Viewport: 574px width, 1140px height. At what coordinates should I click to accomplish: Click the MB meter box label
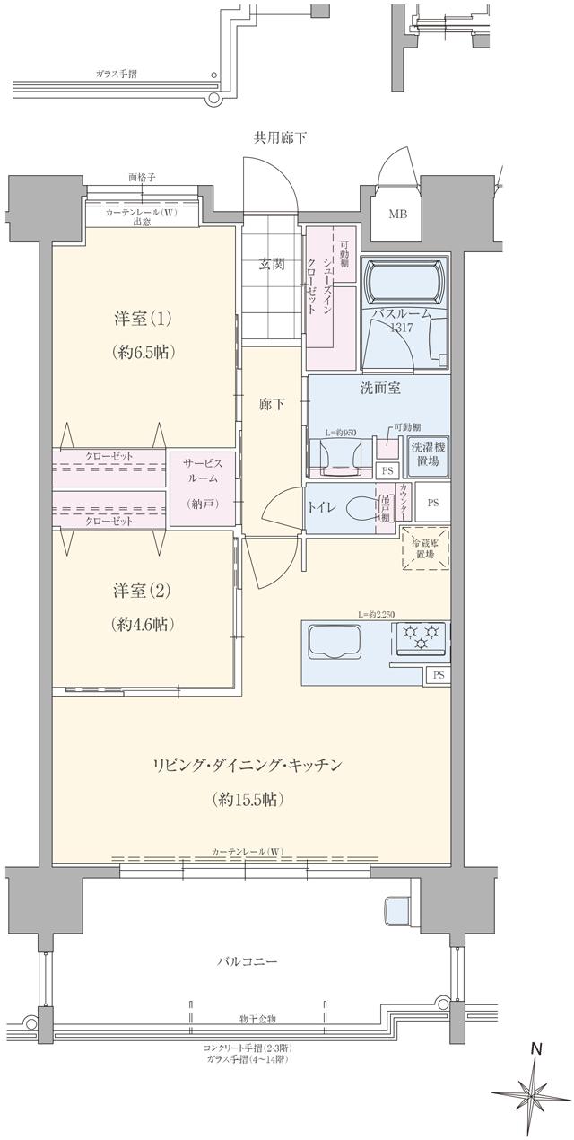(x=396, y=215)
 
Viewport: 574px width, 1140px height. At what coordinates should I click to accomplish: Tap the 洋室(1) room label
(x=143, y=319)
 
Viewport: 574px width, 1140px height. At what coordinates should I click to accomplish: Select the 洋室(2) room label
(x=143, y=592)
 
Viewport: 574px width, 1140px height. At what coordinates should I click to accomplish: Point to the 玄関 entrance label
(x=273, y=264)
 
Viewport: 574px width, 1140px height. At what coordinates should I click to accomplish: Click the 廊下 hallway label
(x=272, y=405)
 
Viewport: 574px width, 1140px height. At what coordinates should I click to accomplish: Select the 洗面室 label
(x=380, y=388)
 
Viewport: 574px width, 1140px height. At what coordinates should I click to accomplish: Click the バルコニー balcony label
(x=248, y=961)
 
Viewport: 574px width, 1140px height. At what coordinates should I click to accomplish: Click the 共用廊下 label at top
(x=280, y=138)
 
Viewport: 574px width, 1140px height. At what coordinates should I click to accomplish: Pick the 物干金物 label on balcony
(x=257, y=1019)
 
